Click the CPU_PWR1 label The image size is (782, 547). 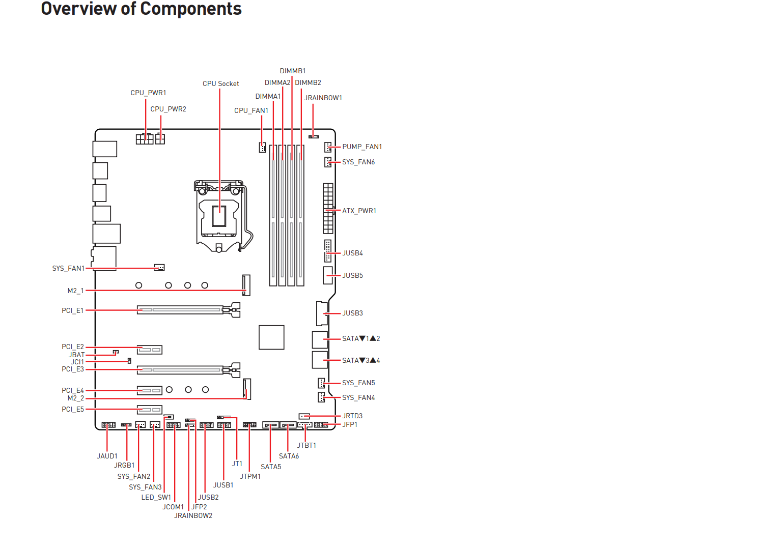(x=148, y=93)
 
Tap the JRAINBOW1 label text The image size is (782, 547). (x=323, y=98)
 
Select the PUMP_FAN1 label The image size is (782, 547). (x=362, y=147)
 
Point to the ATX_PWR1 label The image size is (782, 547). (x=359, y=211)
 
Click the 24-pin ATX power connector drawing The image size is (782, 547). (x=328, y=208)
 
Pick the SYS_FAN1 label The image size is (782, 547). (x=68, y=268)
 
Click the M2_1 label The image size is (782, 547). (x=75, y=291)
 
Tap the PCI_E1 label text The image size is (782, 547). (x=72, y=310)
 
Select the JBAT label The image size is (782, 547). (x=77, y=355)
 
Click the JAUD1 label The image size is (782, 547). (x=107, y=456)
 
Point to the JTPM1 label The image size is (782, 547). (x=250, y=476)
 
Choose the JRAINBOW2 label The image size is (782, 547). (x=193, y=515)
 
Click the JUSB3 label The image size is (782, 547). (x=352, y=313)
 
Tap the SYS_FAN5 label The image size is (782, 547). (x=358, y=383)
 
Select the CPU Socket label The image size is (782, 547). (x=220, y=83)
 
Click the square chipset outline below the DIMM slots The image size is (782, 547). (x=271, y=337)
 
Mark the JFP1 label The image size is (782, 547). (x=350, y=424)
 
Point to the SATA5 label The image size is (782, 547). (x=271, y=467)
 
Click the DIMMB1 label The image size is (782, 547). (x=293, y=71)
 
